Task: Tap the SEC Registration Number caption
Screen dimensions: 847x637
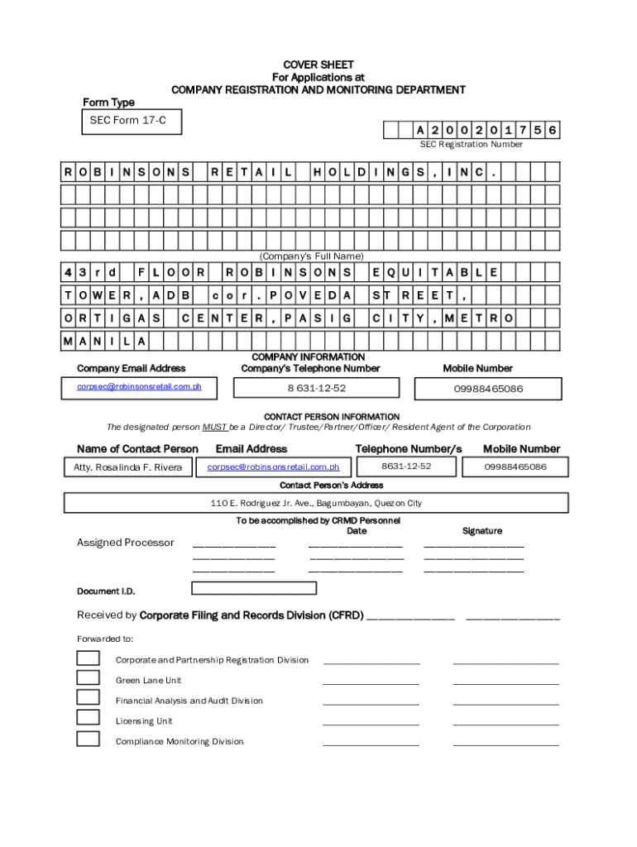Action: point(471,145)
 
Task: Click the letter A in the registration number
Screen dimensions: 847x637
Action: point(420,130)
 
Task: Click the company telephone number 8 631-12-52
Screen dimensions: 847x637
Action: point(317,388)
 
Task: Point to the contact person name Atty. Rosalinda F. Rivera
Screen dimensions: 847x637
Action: point(123,467)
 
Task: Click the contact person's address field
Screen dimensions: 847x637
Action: point(316,503)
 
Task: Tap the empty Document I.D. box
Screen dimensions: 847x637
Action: point(254,588)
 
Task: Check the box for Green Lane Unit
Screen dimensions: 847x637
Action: point(88,678)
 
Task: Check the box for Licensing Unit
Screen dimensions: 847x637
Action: point(88,718)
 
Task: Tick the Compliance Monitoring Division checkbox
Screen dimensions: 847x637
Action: point(88,739)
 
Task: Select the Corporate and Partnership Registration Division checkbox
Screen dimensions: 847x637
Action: point(88,658)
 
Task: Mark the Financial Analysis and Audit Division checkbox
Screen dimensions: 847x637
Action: point(88,698)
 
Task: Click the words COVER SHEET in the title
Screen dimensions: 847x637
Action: point(318,65)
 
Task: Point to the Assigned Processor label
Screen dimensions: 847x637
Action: point(126,543)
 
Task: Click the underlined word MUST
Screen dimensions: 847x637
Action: point(214,428)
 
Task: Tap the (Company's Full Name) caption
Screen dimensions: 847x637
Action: point(312,256)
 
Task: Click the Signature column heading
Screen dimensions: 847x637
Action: point(481,531)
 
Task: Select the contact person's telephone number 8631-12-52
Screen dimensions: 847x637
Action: point(406,467)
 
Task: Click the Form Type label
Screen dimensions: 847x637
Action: point(108,103)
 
